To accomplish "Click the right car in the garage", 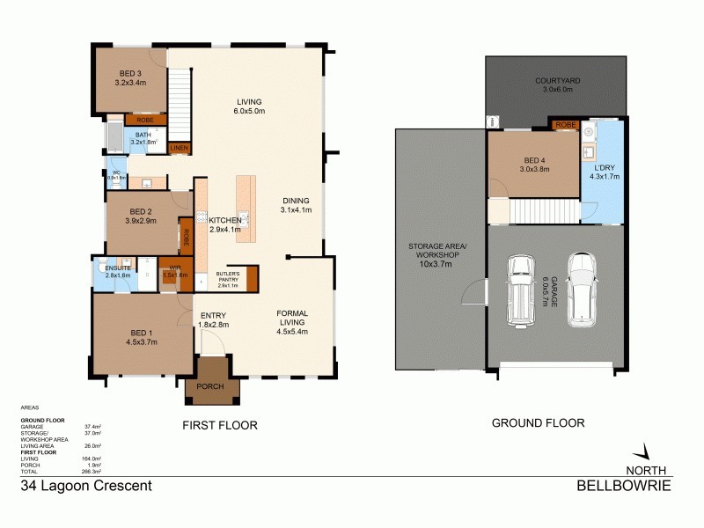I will click(583, 289).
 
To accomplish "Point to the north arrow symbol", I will click(647, 452).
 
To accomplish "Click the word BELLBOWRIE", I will click(624, 485).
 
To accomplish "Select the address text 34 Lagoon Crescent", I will click(86, 485).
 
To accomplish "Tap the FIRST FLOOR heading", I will click(219, 425).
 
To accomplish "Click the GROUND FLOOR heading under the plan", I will click(538, 423).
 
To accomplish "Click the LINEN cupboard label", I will click(179, 148).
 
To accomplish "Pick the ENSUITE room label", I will click(117, 268).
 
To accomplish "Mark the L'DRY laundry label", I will click(605, 168).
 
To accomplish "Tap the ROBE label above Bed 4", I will click(565, 125).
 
